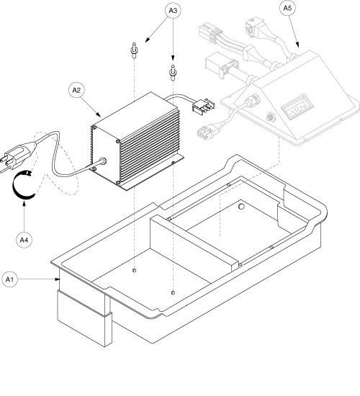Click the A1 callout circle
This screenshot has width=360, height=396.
click(11, 278)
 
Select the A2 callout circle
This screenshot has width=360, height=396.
click(77, 90)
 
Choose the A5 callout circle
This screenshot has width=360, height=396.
click(285, 12)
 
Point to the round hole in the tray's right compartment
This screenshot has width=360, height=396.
click(242, 206)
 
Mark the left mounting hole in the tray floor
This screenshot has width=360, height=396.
click(135, 270)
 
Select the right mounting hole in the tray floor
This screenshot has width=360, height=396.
click(174, 292)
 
